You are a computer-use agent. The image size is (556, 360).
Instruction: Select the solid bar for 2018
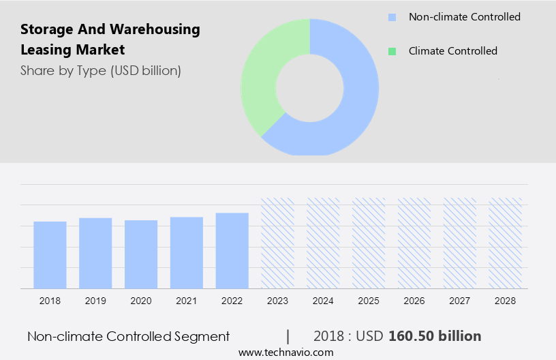point(50,254)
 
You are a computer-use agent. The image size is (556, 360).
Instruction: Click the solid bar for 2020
point(141,254)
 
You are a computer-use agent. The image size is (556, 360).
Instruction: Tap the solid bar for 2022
point(232,250)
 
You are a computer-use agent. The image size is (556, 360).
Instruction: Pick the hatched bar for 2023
point(278,243)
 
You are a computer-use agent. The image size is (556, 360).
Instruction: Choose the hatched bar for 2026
point(414,243)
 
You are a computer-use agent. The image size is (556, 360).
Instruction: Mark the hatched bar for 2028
point(506,243)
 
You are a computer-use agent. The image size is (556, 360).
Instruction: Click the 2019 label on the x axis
point(95,301)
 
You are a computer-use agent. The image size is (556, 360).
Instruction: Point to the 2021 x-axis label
point(187,301)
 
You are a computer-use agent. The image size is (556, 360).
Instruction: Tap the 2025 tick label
point(369,301)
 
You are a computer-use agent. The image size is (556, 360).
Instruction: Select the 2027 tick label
point(460,301)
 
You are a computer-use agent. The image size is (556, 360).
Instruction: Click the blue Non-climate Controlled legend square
point(392,17)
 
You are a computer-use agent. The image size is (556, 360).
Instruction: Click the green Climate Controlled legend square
point(392,51)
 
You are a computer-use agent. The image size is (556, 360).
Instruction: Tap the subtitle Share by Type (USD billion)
point(101,70)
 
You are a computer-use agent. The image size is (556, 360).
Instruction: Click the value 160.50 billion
point(435,336)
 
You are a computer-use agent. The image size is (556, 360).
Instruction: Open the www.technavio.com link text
point(286,352)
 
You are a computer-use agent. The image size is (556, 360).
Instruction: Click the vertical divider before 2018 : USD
point(288,336)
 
